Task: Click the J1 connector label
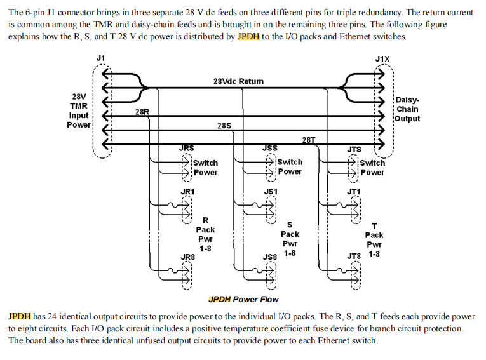point(100,58)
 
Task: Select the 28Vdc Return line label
point(238,81)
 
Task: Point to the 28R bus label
point(142,112)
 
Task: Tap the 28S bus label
point(224,125)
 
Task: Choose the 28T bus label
point(309,140)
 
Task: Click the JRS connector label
point(187,149)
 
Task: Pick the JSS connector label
point(269,149)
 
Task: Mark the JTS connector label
point(354,150)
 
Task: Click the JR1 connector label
point(187,190)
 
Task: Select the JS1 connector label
point(270,190)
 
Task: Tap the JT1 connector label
point(354,190)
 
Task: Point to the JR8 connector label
point(187,257)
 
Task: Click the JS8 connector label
point(270,257)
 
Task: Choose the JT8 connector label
point(354,256)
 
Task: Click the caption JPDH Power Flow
point(243,299)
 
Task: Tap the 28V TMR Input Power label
point(79,110)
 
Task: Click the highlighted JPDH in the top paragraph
point(248,36)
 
